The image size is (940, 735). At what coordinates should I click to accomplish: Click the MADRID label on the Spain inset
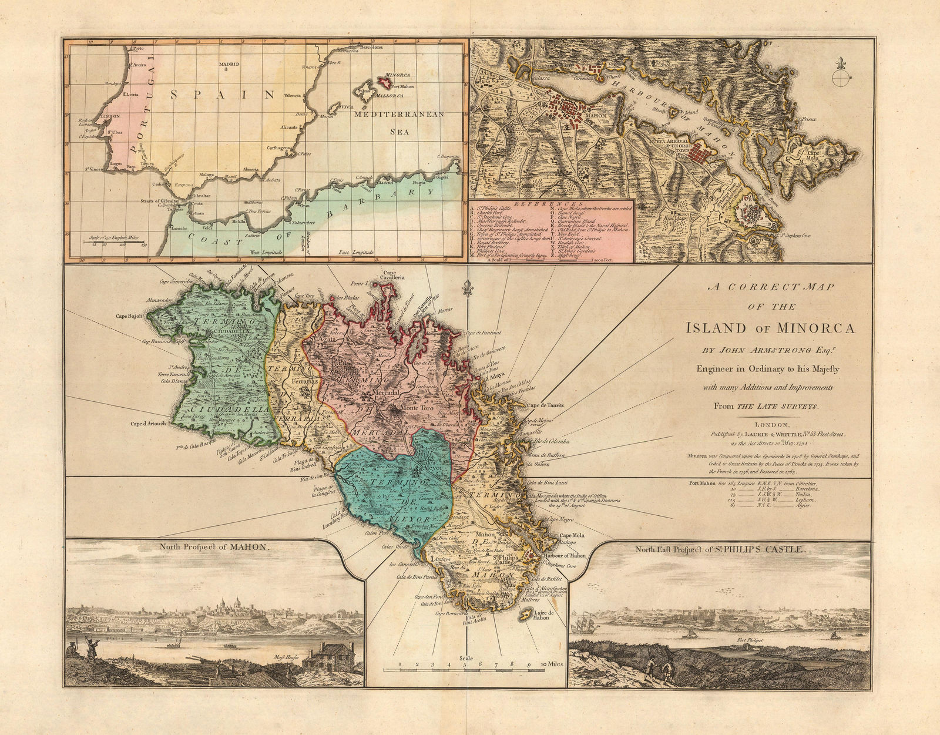pos(229,64)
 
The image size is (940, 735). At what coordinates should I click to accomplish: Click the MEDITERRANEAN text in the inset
pos(399,115)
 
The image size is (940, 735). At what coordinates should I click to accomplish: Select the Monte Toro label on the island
pos(415,407)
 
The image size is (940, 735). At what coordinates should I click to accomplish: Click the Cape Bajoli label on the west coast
pos(130,316)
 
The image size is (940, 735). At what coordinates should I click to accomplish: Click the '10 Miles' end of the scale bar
pos(550,664)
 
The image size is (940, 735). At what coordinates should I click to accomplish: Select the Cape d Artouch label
pos(149,422)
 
